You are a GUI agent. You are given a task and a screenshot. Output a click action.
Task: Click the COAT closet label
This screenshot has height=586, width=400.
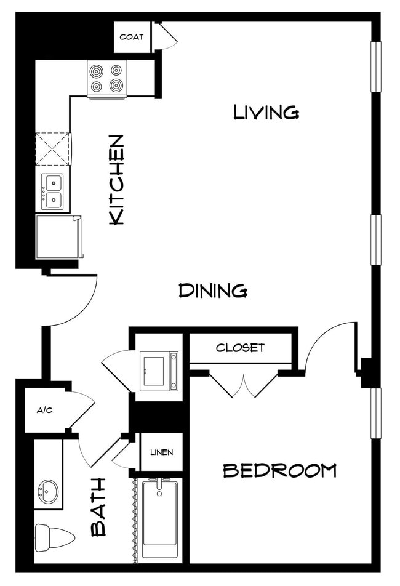[132, 37]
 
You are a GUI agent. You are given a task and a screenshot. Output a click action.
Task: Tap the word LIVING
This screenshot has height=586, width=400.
[266, 112]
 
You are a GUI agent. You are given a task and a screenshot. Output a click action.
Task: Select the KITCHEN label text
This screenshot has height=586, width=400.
[116, 179]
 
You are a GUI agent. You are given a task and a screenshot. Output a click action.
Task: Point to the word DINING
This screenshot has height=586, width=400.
[213, 290]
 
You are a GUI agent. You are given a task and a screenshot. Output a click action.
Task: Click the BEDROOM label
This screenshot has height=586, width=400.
[279, 471]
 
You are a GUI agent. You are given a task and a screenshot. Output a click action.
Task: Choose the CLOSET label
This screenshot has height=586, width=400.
[240, 348]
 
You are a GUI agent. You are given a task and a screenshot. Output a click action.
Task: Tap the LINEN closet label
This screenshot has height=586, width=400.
[161, 452]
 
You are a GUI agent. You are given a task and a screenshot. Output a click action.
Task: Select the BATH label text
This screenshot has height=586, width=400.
[98, 507]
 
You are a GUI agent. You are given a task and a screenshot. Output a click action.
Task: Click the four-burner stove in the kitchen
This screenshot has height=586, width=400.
[107, 79]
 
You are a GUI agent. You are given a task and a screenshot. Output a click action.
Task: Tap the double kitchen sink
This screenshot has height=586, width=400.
[52, 191]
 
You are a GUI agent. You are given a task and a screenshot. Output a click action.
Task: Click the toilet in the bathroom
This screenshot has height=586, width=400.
[54, 536]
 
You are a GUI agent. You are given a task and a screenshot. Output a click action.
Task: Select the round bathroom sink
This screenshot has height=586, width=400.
[48, 491]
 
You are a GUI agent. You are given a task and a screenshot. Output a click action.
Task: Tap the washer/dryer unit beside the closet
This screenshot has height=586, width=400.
[159, 371]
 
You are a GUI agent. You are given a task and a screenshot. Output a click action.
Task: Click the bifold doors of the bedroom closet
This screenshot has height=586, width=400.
[244, 385]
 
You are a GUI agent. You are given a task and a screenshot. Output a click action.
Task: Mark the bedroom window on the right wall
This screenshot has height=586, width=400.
[375, 412]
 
